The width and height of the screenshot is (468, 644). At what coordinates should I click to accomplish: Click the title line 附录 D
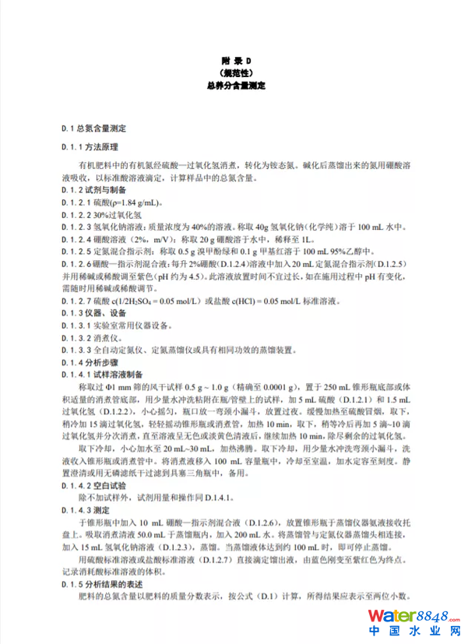[234, 60]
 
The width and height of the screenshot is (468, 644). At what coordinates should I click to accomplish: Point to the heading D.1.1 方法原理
[90, 146]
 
